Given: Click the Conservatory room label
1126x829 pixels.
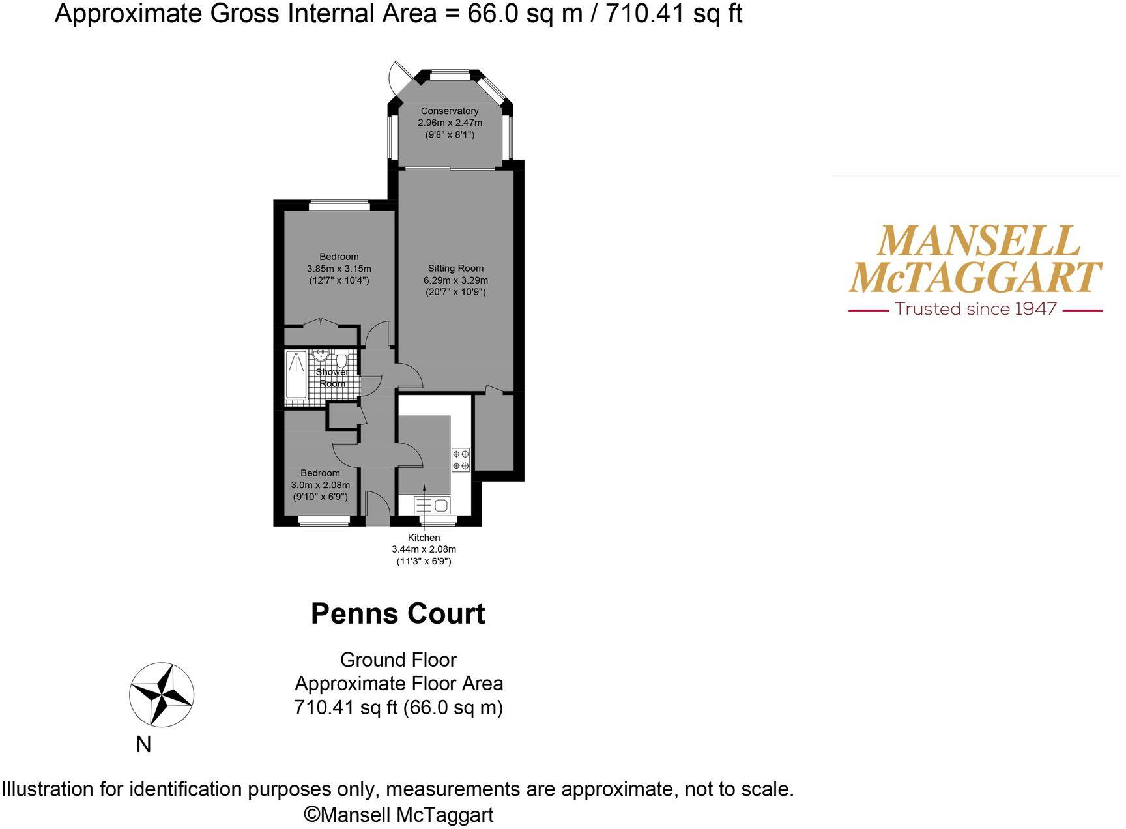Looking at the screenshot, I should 450,111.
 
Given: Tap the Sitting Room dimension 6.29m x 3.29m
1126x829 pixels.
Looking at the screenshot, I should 455,280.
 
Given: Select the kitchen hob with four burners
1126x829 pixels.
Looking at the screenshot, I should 461,459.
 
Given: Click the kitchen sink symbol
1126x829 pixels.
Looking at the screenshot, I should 432,504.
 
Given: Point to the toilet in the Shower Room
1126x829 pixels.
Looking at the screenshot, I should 341,360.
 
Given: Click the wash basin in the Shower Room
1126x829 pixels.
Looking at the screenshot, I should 321,355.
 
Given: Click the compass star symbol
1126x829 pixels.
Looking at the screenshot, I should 161,694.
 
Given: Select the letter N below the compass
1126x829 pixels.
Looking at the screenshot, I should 143,744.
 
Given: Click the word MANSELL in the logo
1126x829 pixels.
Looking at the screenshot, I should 978,242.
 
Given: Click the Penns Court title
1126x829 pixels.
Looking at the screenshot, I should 397,614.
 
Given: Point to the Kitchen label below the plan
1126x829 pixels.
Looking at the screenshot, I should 424,538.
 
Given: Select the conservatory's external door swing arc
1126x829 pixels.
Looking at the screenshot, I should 396,76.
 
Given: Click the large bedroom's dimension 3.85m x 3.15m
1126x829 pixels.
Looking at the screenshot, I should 339,269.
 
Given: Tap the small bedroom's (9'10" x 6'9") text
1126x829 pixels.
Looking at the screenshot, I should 320,497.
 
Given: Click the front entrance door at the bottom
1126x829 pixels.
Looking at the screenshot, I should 377,508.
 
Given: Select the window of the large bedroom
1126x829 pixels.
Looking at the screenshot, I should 339,205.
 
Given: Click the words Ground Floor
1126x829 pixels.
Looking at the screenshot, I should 398,660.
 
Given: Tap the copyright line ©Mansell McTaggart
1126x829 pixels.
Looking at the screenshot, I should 398,815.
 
